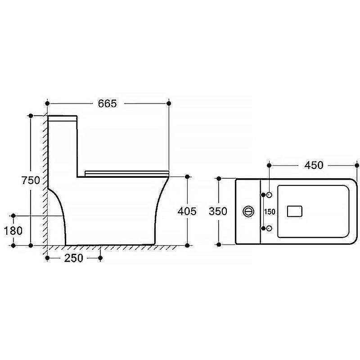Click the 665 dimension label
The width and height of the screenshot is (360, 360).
coord(107,103)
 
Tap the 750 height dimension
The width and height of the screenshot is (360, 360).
coord(31,180)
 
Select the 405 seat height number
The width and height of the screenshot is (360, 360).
coord(187,211)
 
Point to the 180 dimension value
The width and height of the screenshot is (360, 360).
coord(13,231)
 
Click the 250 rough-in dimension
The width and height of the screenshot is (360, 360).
coord(73,258)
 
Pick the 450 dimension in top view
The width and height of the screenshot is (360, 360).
coord(314,165)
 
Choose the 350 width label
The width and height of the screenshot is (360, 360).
coord(218,211)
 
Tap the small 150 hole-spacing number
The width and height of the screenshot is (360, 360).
coord(270,211)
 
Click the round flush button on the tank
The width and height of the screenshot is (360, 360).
coord(248,211)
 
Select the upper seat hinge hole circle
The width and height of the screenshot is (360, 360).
coord(269,195)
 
